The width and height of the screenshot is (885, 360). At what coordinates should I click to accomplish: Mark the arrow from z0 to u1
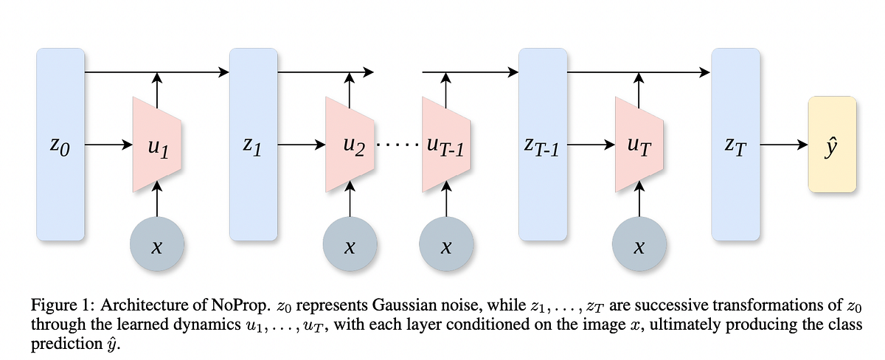[x=108, y=145]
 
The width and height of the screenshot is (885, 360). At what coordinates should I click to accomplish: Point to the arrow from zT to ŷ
[x=784, y=145]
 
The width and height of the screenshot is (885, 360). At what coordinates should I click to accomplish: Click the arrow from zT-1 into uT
[x=590, y=145]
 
